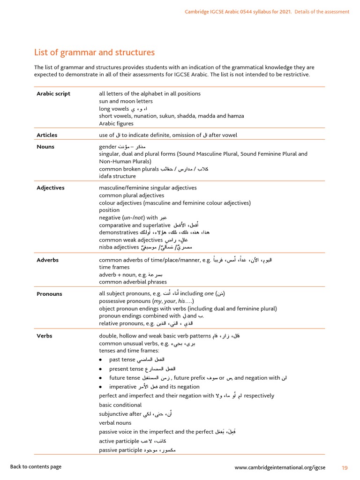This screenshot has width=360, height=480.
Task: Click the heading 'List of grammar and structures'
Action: tap(94, 52)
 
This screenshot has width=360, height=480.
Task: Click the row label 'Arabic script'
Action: tap(53, 94)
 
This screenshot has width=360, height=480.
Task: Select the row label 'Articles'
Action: tap(47, 135)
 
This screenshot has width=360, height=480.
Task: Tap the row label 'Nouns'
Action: tap(45, 147)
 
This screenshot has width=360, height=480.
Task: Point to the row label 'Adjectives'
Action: tap(51, 188)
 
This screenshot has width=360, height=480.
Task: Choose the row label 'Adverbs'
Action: tap(47, 260)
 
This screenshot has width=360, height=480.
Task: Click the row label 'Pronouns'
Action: tap(49, 294)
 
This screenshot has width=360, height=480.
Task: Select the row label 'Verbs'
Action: tap(45, 336)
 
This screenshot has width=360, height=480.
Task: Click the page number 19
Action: tap(345, 467)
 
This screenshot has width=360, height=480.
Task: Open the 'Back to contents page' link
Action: tap(36, 467)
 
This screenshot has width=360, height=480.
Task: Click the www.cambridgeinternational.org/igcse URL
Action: tap(280, 467)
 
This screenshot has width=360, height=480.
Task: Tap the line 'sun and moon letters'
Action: tap(126, 101)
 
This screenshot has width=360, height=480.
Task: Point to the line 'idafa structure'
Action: tap(117, 176)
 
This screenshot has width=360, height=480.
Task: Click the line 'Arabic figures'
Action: tap(116, 124)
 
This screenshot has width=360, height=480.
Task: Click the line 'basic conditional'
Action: tap(120, 405)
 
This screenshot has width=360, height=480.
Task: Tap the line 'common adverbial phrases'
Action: tap(133, 282)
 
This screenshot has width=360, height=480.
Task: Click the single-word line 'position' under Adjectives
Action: tap(109, 210)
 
